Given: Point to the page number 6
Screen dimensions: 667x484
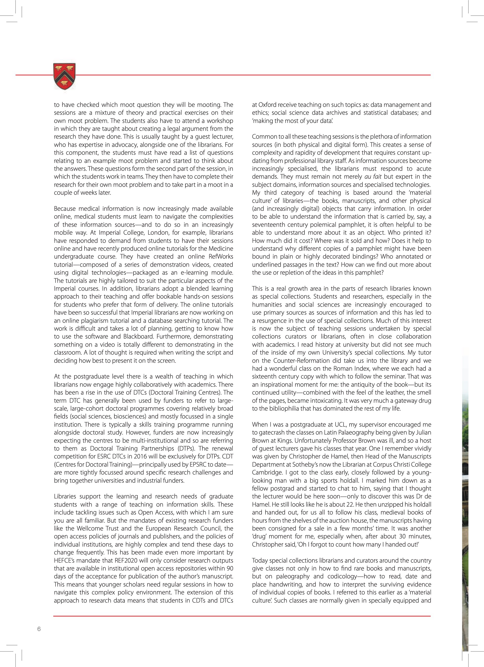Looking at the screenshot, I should point(39,629).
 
